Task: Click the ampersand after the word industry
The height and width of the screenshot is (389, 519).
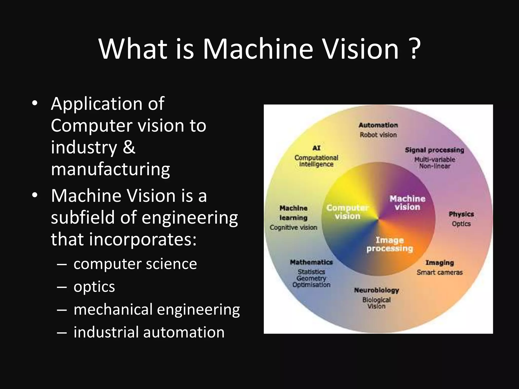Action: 129,147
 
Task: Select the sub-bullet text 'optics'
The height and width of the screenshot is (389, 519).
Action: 94,287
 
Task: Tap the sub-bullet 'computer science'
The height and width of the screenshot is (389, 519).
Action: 135,264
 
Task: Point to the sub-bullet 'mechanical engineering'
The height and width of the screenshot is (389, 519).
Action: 157,309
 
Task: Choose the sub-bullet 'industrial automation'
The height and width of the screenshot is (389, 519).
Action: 149,332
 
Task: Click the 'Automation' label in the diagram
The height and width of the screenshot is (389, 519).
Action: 378,125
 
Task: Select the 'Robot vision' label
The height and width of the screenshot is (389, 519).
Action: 378,135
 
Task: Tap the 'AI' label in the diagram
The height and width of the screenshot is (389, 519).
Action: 316,148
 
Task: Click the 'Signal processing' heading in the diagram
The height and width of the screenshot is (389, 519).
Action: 434,150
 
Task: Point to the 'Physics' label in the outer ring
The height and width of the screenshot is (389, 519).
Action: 461,214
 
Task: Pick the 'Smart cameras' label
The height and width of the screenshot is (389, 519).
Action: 440,273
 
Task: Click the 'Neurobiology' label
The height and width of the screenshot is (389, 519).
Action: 377,290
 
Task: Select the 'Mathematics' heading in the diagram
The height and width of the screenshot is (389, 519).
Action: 311,262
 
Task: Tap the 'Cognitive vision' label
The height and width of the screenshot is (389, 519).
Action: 293,227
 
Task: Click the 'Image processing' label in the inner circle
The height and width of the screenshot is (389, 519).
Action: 390,244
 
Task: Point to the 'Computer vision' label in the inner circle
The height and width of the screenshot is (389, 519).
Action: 347,212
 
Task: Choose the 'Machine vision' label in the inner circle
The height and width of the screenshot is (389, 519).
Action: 407,203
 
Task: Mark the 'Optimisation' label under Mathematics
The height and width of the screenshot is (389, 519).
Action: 311,285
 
